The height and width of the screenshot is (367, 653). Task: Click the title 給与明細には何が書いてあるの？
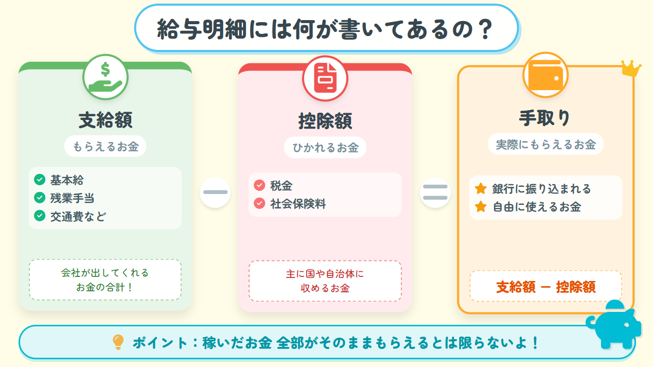(x=325, y=29)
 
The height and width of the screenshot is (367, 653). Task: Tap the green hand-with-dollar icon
(x=105, y=77)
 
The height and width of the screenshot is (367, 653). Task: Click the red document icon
(x=325, y=78)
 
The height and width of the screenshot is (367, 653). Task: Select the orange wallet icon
(x=545, y=75)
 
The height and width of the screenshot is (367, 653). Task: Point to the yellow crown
(x=630, y=68)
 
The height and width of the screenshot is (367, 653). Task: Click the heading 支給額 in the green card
(x=105, y=120)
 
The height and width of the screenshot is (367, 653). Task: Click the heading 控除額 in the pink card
(x=325, y=121)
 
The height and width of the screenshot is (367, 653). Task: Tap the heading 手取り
(x=544, y=118)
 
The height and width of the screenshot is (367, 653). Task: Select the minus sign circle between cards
(x=215, y=193)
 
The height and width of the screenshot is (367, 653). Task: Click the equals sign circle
(x=435, y=193)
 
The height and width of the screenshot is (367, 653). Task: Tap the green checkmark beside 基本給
(x=40, y=180)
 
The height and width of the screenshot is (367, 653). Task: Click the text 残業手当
(x=72, y=198)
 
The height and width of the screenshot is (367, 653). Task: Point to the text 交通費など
(x=78, y=217)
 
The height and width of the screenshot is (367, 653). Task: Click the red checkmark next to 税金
(x=259, y=185)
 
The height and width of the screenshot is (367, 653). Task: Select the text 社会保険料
(x=298, y=204)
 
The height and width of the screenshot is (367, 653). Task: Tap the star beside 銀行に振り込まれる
(x=481, y=188)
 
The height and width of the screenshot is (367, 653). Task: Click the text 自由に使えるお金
(x=537, y=207)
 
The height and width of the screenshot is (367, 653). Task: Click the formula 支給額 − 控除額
(x=546, y=287)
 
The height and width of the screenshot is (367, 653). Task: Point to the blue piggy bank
(x=614, y=324)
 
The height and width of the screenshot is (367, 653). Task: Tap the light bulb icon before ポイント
(x=118, y=342)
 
